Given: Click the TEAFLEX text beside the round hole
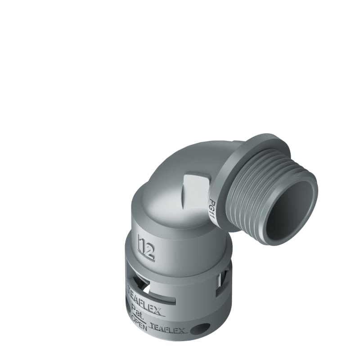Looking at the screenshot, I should (167, 329).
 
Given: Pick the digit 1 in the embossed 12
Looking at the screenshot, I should (141, 245).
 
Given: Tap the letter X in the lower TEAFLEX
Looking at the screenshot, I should (181, 331).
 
